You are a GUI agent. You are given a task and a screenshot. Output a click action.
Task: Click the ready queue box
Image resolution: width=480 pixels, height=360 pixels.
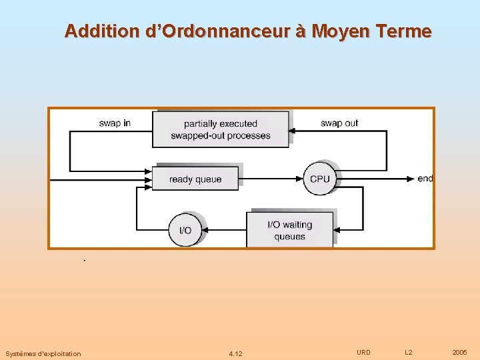[x=195, y=179]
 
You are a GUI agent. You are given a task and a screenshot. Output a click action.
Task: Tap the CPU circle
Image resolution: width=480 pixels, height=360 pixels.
[x=320, y=179]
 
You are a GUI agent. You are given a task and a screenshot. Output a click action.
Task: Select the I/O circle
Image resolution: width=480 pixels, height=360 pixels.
[x=185, y=230]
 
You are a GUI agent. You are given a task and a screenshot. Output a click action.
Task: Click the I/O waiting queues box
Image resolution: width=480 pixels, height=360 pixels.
[x=289, y=230]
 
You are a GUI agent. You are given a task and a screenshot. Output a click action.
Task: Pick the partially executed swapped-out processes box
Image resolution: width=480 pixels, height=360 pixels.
[x=221, y=129]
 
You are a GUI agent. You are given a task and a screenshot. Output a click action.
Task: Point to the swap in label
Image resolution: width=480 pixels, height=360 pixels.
[x=115, y=123]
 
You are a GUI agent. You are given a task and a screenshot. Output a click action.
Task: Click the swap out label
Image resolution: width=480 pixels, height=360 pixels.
[x=339, y=123]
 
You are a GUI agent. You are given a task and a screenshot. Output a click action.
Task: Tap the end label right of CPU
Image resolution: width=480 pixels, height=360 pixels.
[x=425, y=179]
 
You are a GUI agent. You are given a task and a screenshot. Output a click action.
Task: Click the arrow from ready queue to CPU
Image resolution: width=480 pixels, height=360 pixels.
[x=271, y=179]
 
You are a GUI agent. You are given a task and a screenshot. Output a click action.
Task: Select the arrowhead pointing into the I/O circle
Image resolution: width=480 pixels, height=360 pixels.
[x=205, y=230]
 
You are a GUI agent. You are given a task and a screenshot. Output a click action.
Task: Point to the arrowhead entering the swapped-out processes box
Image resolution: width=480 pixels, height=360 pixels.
[x=293, y=131]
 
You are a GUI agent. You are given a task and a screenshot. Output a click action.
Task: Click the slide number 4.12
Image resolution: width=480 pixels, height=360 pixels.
[x=235, y=353]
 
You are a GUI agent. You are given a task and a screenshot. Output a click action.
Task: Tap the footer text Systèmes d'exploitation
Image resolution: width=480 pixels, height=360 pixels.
[x=43, y=353]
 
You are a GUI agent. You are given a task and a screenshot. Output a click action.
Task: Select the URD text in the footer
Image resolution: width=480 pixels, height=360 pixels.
[x=363, y=352]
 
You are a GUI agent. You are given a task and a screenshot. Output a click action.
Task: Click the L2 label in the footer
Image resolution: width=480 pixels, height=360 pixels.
[x=409, y=352]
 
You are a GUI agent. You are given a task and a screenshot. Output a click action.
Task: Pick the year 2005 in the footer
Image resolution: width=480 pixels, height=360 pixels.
[x=459, y=352]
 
